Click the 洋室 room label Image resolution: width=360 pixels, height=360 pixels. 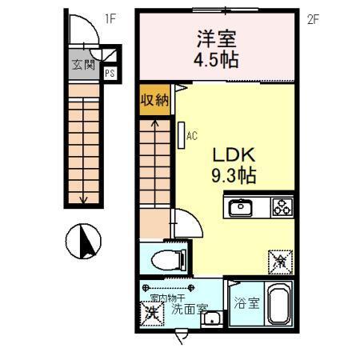(217, 39)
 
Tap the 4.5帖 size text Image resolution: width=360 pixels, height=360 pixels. (217, 60)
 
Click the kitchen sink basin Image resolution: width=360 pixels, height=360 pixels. (241, 208)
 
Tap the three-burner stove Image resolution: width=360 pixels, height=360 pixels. (282, 207)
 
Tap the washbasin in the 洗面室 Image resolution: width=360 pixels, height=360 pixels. (211, 321)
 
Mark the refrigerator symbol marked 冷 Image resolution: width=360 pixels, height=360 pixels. (281, 261)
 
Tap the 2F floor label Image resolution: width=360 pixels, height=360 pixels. (313, 18)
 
